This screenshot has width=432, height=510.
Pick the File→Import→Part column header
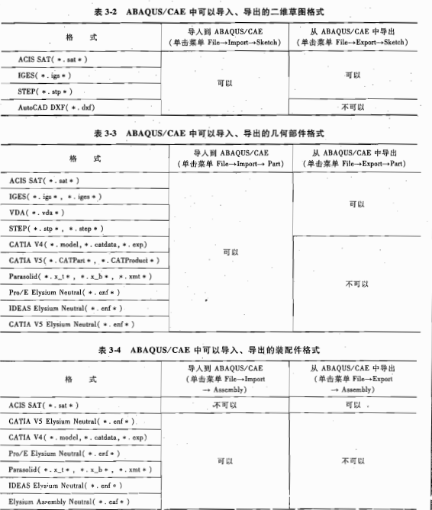click(230, 159)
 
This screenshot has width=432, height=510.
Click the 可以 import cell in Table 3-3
click(230, 252)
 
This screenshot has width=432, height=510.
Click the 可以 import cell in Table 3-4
click(224, 460)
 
